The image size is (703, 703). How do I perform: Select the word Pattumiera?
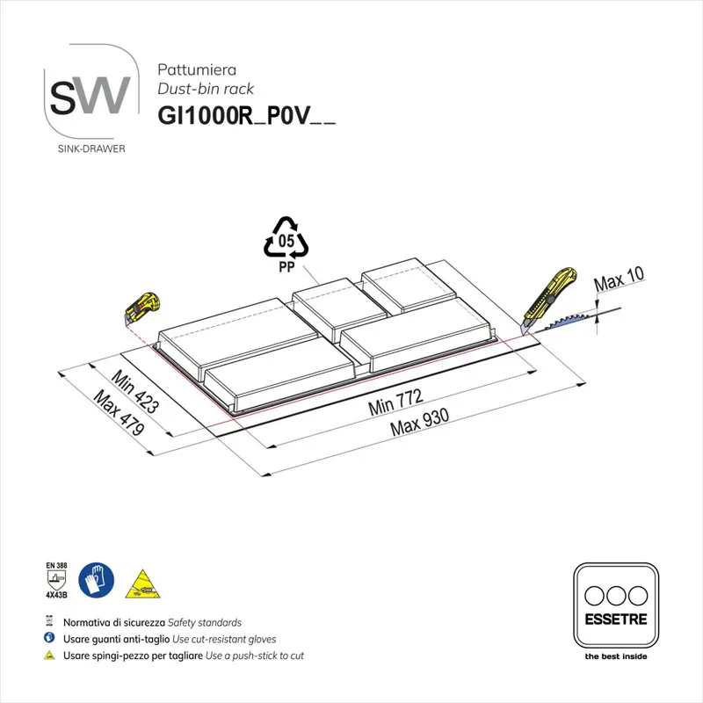pos(192,68)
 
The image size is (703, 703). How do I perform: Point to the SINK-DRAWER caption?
pos(90,149)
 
